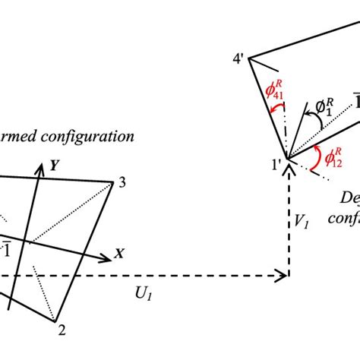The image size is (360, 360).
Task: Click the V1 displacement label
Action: pyautogui.click(x=303, y=221)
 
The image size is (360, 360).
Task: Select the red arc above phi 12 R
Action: pyautogui.click(x=315, y=151)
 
